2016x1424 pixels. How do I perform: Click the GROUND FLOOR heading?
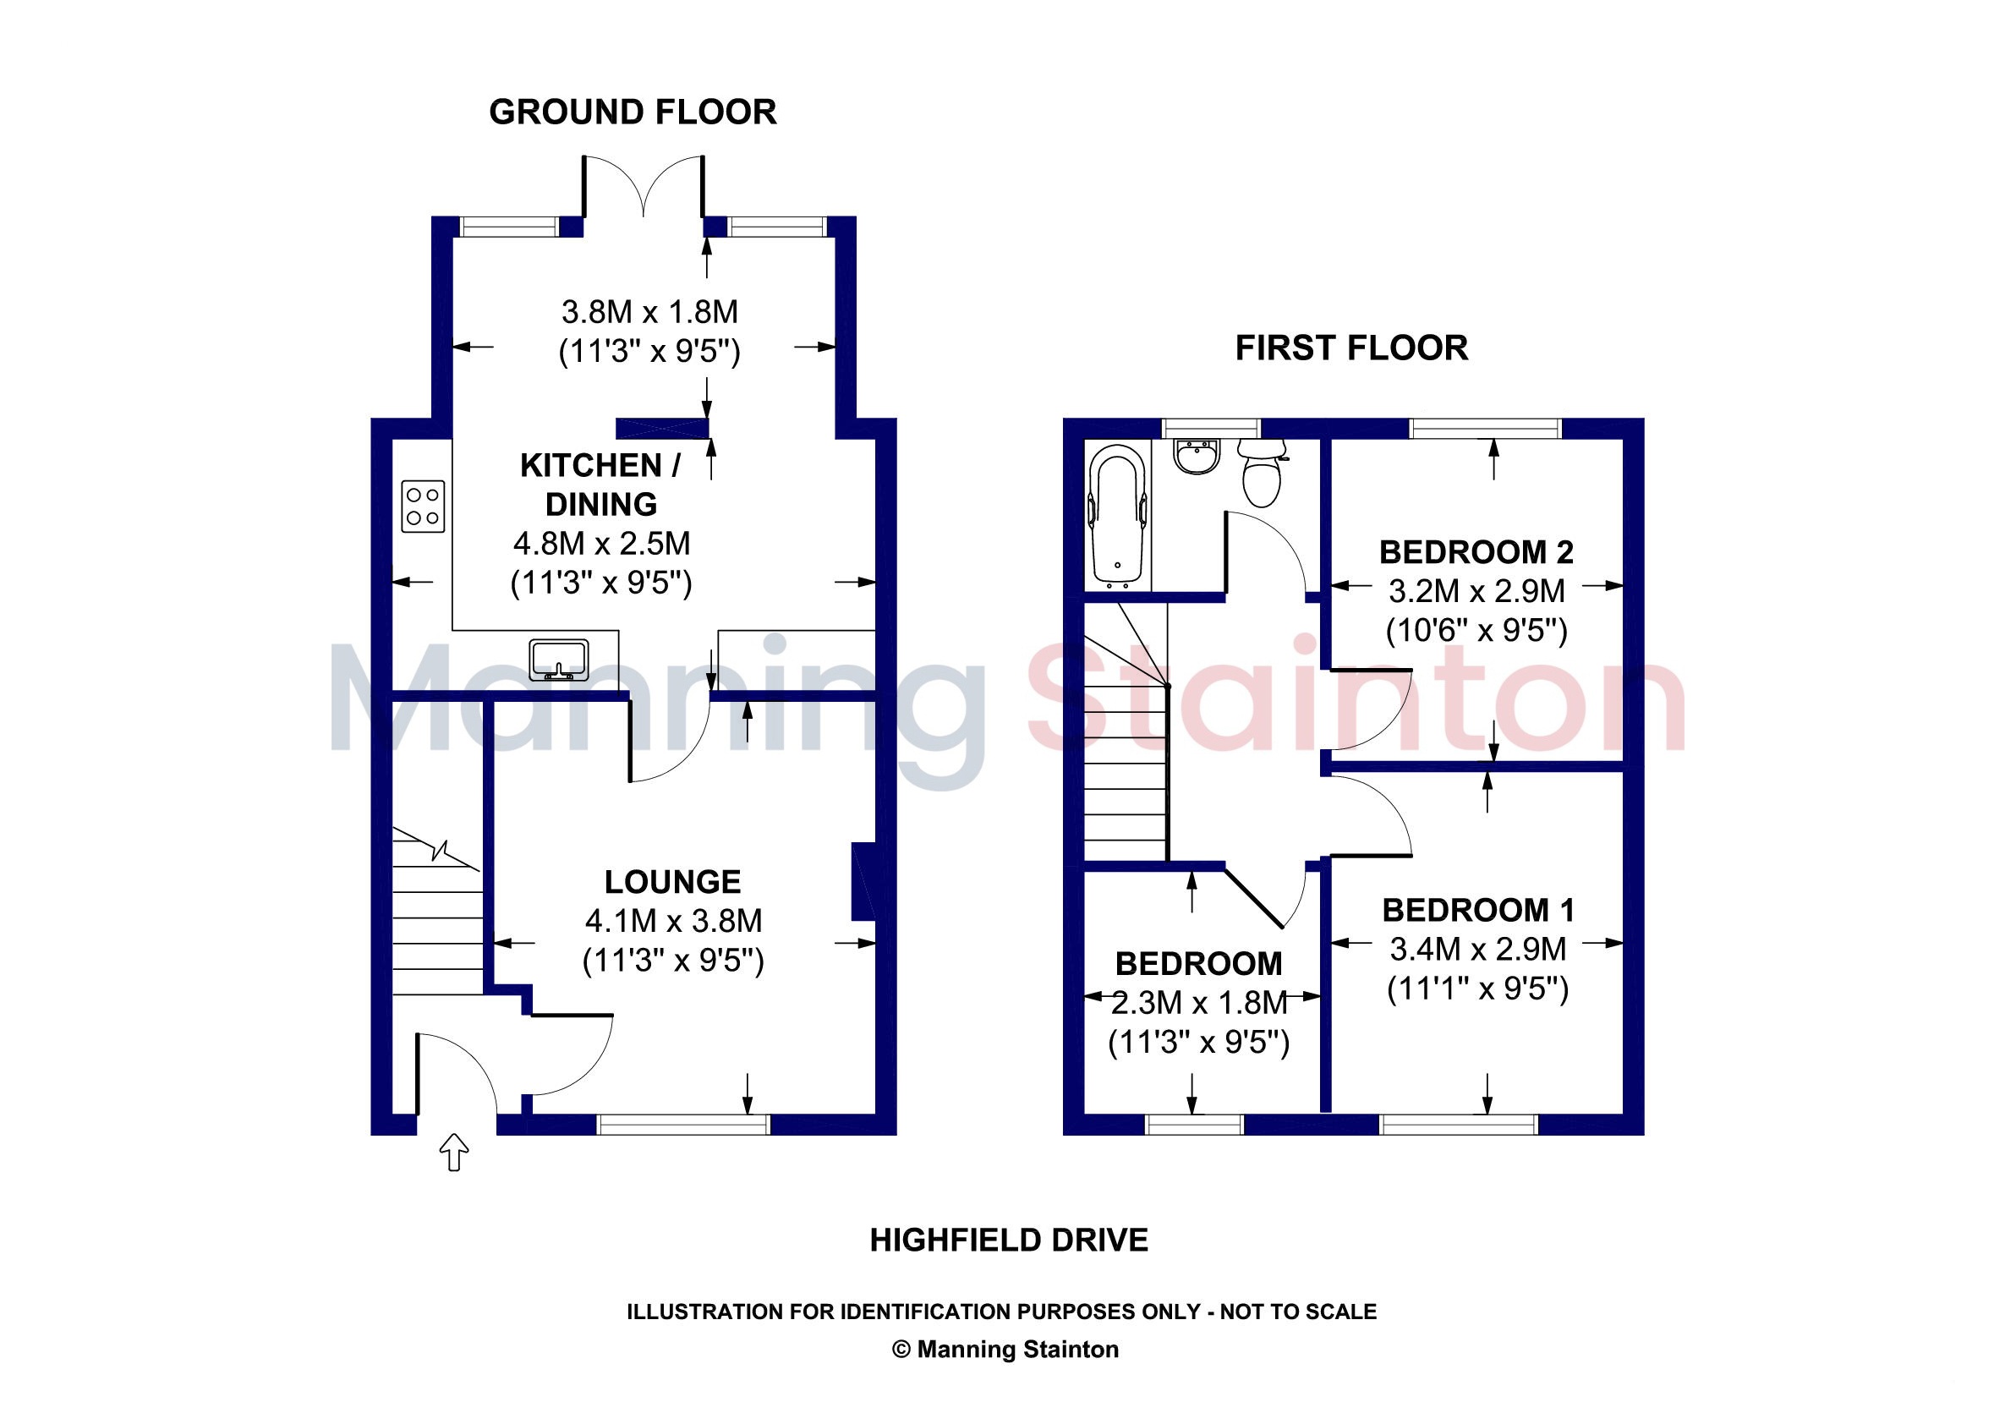633,112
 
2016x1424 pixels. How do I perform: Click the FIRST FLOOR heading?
1351,348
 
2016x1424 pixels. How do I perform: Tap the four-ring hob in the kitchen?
423,507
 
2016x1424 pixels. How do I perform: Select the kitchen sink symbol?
558,660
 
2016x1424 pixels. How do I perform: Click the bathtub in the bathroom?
1118,516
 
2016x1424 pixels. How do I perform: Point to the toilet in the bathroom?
1262,474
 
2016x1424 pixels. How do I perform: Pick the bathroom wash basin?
1197,457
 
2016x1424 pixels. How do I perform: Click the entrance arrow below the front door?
454,1151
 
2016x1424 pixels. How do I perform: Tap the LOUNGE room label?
672,881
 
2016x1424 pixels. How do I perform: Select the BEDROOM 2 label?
1476,552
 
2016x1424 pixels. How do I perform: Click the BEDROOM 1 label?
1478,911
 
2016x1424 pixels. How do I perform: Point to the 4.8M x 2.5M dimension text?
601,544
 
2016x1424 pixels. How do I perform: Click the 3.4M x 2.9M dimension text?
1478,949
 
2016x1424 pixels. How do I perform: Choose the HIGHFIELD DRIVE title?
1009,1241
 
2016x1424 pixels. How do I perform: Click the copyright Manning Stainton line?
1005,1350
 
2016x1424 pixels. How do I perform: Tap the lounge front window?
684,1125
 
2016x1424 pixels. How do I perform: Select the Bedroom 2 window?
1486,429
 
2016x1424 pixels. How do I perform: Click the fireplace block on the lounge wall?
864,881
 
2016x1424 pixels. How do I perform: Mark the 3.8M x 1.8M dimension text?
649,312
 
